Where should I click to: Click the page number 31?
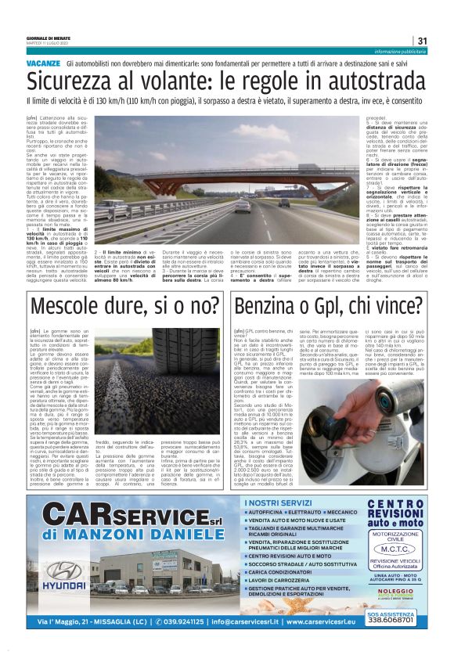click(422, 41)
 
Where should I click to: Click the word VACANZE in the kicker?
click(43, 62)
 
